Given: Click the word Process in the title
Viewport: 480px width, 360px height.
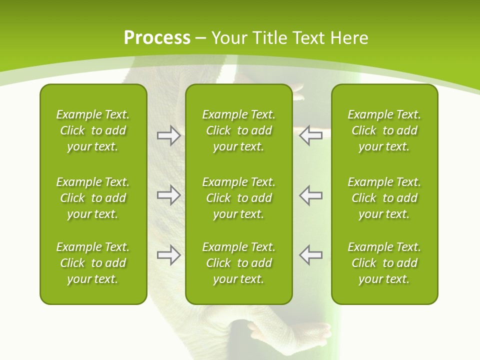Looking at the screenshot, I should coord(157,38).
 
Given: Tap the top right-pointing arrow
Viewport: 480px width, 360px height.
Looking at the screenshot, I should coord(168,135).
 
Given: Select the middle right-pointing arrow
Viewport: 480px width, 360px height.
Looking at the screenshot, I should coord(168,195).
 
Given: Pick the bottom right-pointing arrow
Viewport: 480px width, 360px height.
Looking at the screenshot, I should coord(168,255).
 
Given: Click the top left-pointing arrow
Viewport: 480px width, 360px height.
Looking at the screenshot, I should coord(311,135).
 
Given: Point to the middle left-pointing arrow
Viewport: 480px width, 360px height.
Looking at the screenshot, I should coord(311,195).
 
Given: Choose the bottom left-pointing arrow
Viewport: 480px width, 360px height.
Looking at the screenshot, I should coord(311,255).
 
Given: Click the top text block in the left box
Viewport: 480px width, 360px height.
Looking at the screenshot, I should coord(93,130).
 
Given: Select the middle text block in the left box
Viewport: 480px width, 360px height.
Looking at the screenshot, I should coord(93,198).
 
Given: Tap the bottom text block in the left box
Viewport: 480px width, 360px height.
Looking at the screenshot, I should coord(93,263).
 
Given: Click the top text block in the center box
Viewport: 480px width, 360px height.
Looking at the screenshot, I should coord(238,130).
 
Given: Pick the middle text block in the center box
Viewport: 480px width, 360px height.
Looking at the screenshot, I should coord(238,198).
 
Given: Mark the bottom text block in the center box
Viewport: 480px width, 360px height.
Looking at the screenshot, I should coord(238,263).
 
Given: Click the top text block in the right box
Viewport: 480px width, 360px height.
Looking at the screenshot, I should coord(384,130).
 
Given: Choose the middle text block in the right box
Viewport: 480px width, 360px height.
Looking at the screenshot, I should coord(384,198).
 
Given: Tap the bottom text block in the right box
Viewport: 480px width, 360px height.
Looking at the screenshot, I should coord(384,263).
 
